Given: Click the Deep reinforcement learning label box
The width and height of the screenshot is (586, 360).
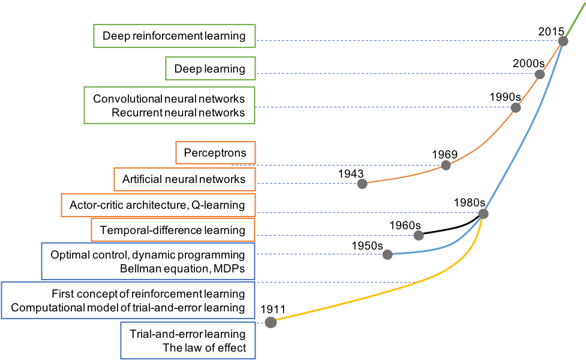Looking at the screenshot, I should [174, 36].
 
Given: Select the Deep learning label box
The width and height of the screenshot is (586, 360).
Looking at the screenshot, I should [210, 69].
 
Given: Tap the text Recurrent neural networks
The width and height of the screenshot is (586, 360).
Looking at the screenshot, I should [178, 113].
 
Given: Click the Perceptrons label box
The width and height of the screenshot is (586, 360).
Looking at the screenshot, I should [215, 152].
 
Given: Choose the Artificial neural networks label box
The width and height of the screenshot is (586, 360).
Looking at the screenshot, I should [184, 179].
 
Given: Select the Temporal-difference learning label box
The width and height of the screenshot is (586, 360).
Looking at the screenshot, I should [173, 230].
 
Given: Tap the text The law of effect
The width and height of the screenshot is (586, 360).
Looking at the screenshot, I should [205, 347].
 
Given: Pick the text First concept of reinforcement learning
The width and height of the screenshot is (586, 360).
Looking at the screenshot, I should [148, 294].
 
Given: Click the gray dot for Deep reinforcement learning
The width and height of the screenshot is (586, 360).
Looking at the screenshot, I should [563, 41].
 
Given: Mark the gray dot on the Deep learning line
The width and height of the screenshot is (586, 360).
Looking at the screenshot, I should [540, 74].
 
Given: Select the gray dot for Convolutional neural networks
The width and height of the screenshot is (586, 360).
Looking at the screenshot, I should [515, 107].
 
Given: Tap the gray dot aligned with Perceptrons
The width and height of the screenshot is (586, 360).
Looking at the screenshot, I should [446, 165].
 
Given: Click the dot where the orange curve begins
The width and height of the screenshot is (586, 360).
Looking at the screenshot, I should [362, 184].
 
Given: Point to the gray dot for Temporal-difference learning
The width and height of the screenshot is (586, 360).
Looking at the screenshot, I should [419, 235].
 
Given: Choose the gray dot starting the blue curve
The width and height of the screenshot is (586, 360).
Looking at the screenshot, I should [387, 254].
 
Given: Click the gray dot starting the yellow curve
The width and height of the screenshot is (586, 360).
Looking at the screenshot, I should [271, 322].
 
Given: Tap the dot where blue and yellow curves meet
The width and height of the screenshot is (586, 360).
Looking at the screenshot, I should [483, 214].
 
